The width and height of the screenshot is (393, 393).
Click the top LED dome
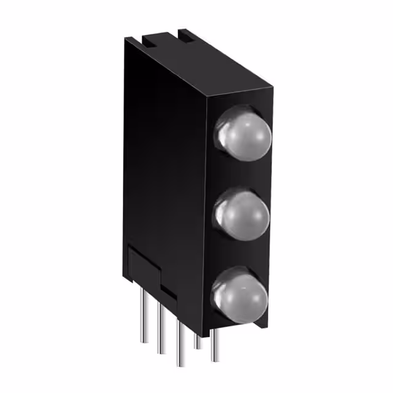244,135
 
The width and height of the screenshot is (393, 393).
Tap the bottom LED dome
242,294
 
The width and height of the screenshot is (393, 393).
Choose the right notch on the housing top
182,35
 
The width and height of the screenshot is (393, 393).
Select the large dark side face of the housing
166,172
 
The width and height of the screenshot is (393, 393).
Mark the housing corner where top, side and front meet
208,97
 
